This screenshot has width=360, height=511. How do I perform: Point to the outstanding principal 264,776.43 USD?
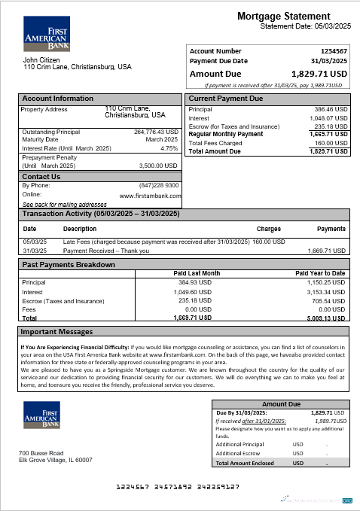coord(156,132)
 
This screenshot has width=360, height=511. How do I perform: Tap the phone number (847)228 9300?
coord(159,185)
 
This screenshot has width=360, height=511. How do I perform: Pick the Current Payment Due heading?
coord(225,99)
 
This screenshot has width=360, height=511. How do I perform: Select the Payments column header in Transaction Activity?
coord(331,228)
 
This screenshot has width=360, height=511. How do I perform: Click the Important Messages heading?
coord(56,331)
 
